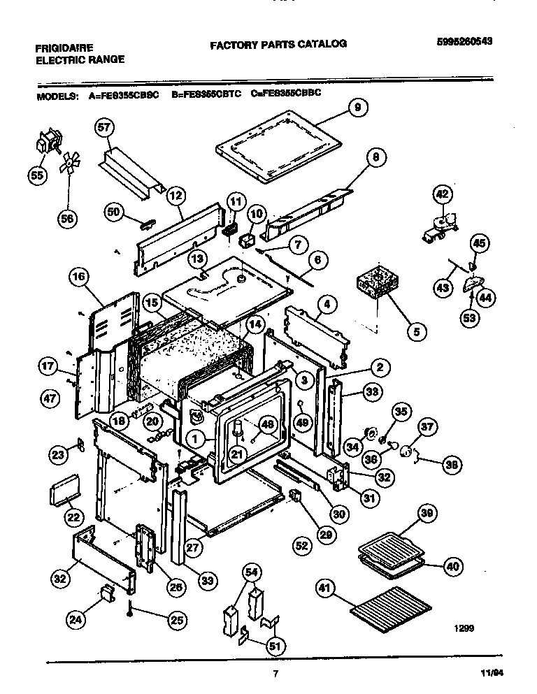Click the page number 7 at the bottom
click(x=275, y=673)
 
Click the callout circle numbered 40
click(x=452, y=566)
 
